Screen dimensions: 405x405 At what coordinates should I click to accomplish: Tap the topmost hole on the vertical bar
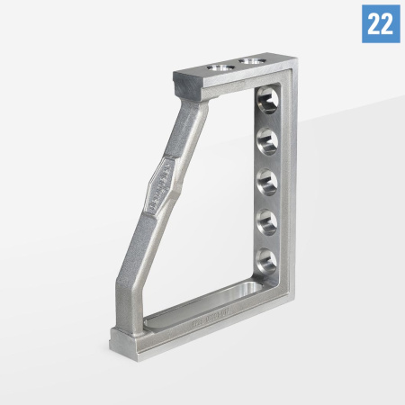pyautogui.click(x=266, y=98)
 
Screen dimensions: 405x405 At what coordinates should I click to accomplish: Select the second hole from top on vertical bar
pyautogui.click(x=267, y=139)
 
